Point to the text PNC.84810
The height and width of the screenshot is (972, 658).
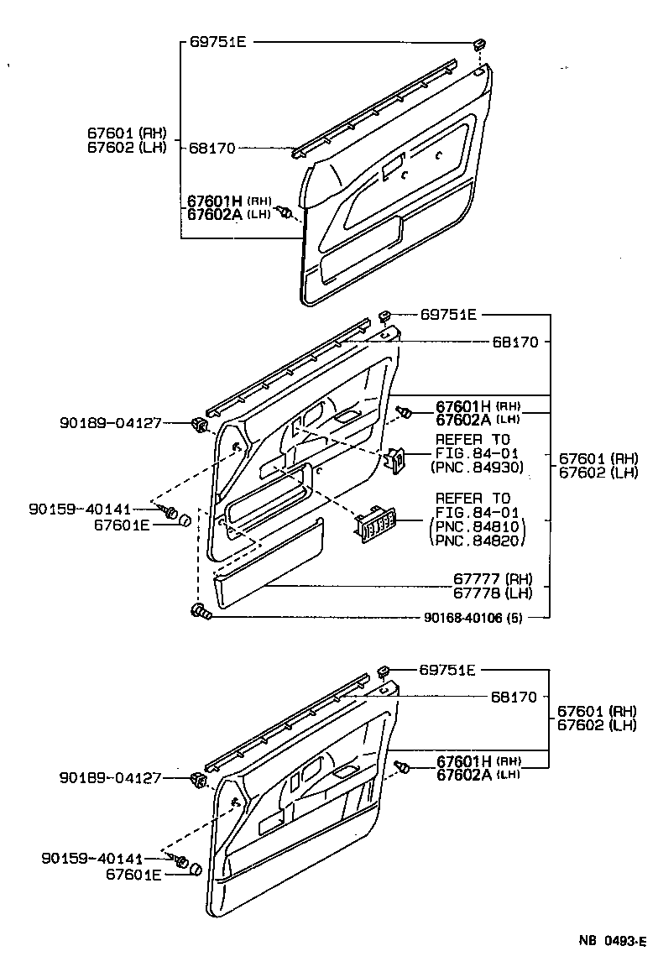(x=479, y=526)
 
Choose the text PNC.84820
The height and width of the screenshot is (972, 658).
(x=479, y=540)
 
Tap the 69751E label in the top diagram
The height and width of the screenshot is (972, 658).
(x=213, y=42)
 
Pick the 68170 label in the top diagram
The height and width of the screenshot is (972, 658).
(x=212, y=149)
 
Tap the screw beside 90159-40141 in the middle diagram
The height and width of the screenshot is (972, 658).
(x=171, y=511)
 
